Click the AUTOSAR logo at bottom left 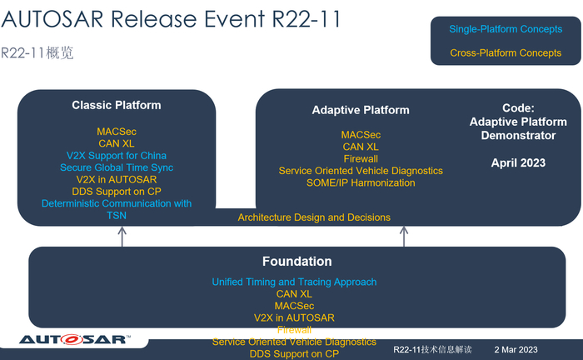[72, 339]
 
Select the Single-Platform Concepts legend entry [506, 29]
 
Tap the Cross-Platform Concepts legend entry [506, 53]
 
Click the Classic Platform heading [117, 106]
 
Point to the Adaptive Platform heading [361, 110]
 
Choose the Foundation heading [297, 262]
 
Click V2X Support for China [117, 156]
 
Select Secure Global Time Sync [117, 167]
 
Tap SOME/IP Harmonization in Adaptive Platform [361, 182]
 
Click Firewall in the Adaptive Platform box [361, 158]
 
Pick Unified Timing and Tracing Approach [294, 282]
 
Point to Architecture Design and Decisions [314, 217]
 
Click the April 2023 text [518, 163]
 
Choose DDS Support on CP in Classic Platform [117, 192]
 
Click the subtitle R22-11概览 [37, 53]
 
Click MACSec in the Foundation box [294, 306]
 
